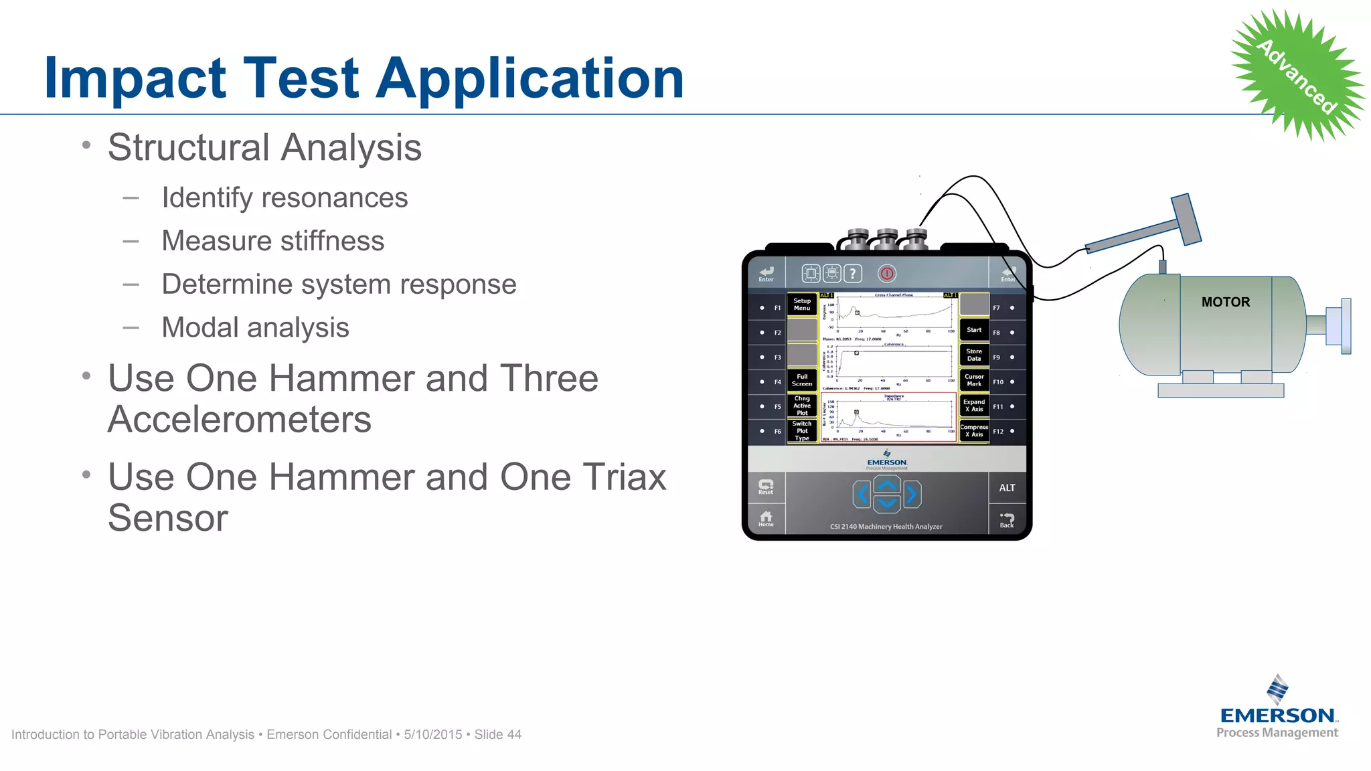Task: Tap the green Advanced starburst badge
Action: [x=1297, y=75]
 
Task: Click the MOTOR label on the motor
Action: [x=1225, y=303]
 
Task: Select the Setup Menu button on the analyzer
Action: [x=802, y=305]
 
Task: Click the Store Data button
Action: [x=974, y=355]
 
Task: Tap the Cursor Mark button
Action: [x=974, y=380]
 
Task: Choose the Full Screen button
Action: [x=802, y=380]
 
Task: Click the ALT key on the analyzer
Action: [x=1007, y=488]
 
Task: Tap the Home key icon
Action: [x=766, y=519]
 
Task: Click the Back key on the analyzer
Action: [x=1007, y=520]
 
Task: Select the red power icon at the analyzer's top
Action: [x=887, y=273]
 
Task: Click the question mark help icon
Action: [x=853, y=273]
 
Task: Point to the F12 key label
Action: [x=998, y=432]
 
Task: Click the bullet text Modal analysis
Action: [x=255, y=328]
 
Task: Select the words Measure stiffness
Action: [x=273, y=241]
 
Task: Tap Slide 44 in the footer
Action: [x=497, y=735]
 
